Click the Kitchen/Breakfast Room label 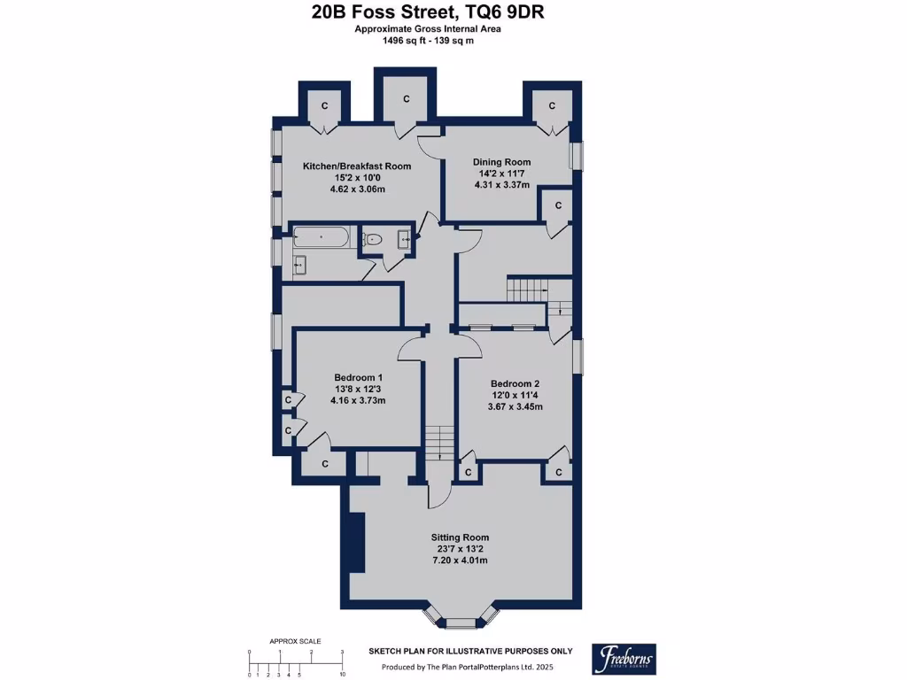click(x=357, y=166)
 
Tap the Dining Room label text click(x=501, y=163)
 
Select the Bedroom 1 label click(x=358, y=377)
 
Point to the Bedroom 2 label click(x=515, y=384)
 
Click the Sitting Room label click(x=460, y=537)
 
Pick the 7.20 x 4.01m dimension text click(x=460, y=560)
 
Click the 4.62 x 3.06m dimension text click(x=358, y=189)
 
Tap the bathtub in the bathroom click(x=321, y=237)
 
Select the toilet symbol click(x=372, y=239)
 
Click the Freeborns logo click(x=624, y=659)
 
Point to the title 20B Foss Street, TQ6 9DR click(x=428, y=12)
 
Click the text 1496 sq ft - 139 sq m click(x=428, y=41)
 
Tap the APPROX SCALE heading click(x=295, y=641)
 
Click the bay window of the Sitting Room click(x=460, y=617)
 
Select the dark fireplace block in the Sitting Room click(x=358, y=543)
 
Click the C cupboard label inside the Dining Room click(x=559, y=205)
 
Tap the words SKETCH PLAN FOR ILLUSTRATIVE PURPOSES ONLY click(x=471, y=651)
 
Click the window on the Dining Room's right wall click(x=577, y=156)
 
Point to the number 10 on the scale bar click(x=343, y=674)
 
